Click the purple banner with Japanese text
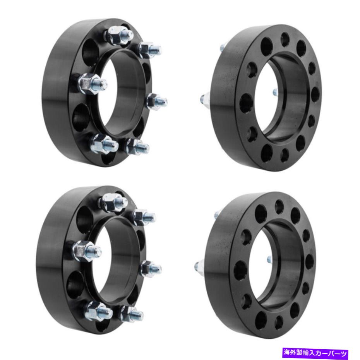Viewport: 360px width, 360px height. pos(315,352)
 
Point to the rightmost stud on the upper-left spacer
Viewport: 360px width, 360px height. pos(158,101)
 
